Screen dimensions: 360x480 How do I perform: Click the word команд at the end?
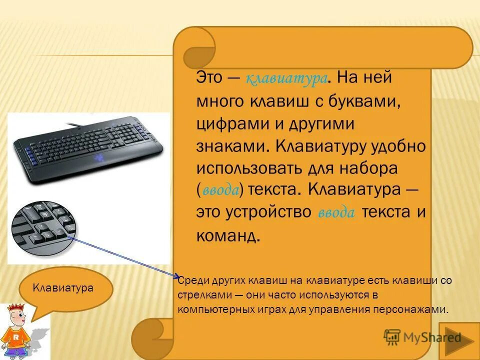[228, 234]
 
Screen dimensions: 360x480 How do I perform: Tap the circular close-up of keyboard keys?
[44, 224]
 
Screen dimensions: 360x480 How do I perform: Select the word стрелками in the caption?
[198, 295]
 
